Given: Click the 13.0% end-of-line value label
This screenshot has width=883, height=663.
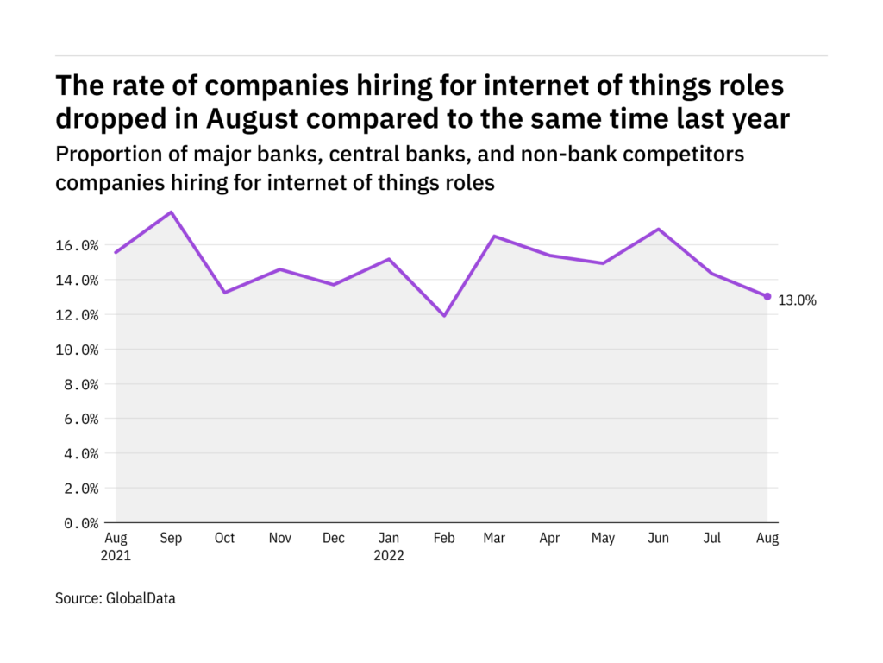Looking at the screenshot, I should [x=797, y=300].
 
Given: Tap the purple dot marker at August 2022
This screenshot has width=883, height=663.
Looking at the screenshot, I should [x=767, y=296].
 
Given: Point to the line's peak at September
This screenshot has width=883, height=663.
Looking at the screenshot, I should [x=171, y=212].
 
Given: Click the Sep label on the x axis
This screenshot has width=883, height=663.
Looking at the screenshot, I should [x=171, y=539].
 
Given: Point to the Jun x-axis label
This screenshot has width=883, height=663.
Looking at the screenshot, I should [x=659, y=539].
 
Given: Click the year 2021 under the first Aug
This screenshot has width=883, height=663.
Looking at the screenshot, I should [x=116, y=556].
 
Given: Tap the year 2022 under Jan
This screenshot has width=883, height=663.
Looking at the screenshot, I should [x=388, y=556].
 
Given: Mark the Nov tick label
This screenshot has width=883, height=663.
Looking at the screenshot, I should [x=279, y=539].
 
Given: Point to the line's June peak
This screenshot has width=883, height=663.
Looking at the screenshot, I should [x=659, y=229].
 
